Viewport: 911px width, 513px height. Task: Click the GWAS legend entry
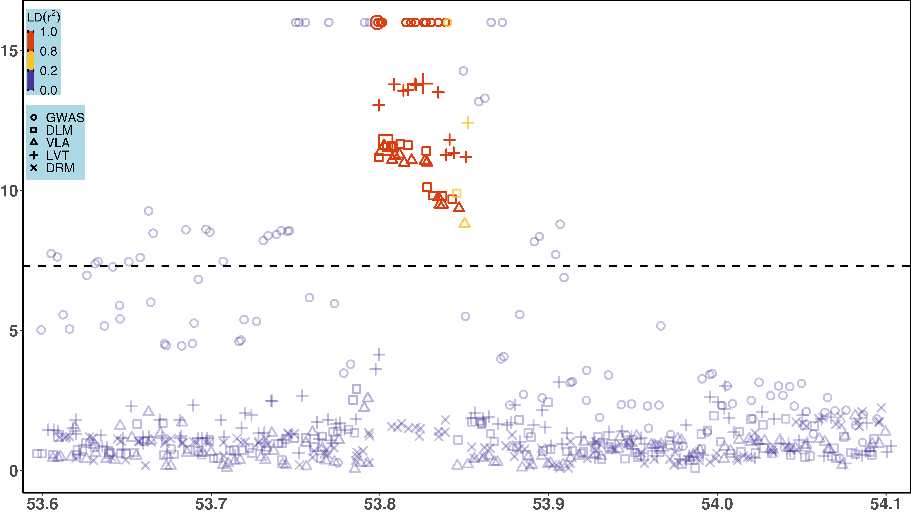tap(65, 117)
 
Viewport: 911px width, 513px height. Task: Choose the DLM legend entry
tap(59, 130)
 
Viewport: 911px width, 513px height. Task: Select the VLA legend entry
tap(58, 143)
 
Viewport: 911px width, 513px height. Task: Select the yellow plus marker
tap(467, 123)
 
